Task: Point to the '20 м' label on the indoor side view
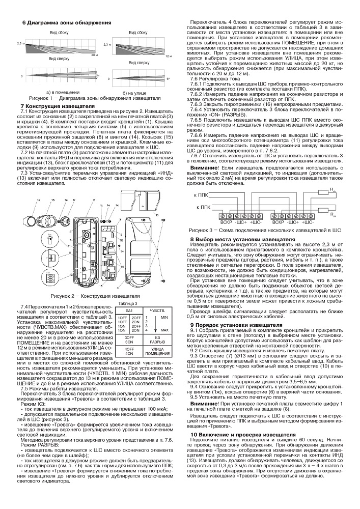click(93, 54)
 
